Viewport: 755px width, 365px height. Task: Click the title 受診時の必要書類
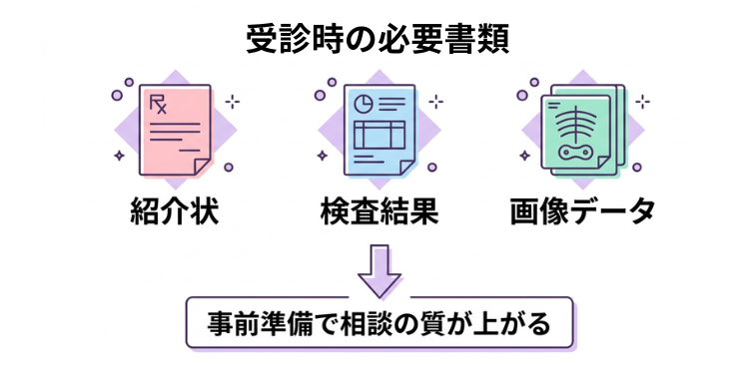click(377, 39)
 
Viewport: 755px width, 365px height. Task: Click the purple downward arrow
click(378, 271)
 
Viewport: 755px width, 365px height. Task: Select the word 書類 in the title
click(478, 39)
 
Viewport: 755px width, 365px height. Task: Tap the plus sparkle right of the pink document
click(232, 102)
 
